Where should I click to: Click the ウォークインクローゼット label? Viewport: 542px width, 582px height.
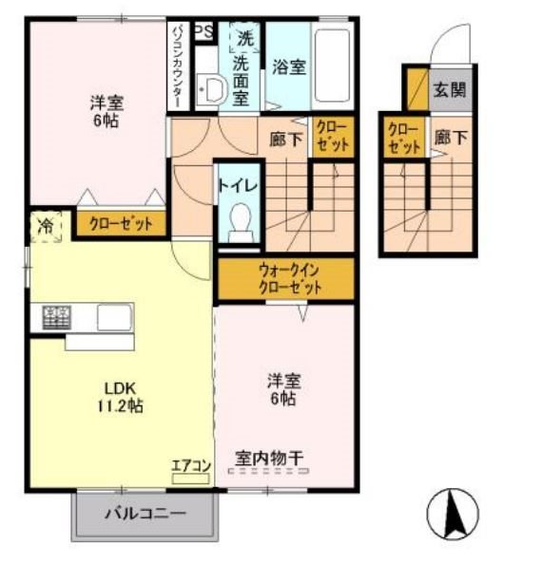pyautogui.click(x=284, y=278)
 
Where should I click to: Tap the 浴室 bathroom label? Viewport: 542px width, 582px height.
pyautogui.click(x=288, y=67)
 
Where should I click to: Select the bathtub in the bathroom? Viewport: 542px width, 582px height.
pyautogui.click(x=333, y=66)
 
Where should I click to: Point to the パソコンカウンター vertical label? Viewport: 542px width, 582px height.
pyautogui.click(x=178, y=65)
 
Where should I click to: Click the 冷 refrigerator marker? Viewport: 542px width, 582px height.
pyautogui.click(x=45, y=226)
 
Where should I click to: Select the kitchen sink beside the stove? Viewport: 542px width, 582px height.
pyautogui.click(x=111, y=316)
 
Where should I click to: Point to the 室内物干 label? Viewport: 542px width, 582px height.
pyautogui.click(x=270, y=460)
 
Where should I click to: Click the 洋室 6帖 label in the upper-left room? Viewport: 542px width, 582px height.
pyautogui.click(x=106, y=112)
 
